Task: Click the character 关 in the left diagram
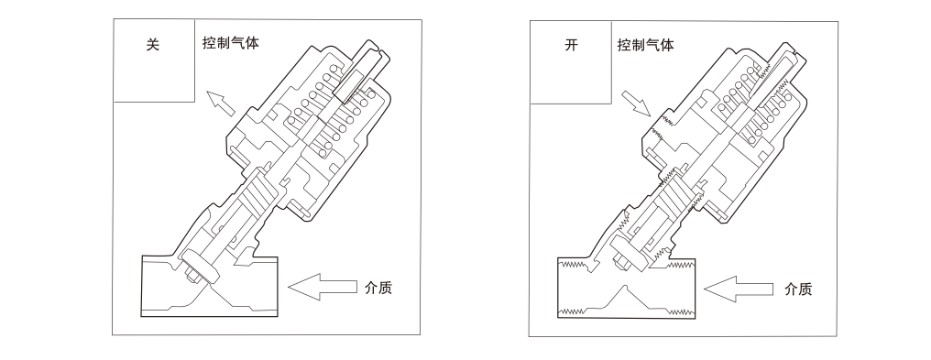[x=153, y=45]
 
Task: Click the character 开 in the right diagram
[x=571, y=45]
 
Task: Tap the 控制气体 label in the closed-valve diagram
[x=230, y=43]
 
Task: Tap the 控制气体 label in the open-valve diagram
[x=646, y=45]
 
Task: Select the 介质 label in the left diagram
[x=378, y=288]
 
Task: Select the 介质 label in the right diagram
[x=797, y=289]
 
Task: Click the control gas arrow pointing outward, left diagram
[x=220, y=104]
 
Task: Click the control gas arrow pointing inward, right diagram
[x=636, y=104]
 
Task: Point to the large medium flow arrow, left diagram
[x=323, y=287]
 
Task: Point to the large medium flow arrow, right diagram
[x=739, y=289]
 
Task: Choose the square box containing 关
[x=154, y=60]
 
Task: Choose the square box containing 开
[x=571, y=62]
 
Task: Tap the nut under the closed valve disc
[x=192, y=275]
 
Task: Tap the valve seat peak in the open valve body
[x=625, y=288]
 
